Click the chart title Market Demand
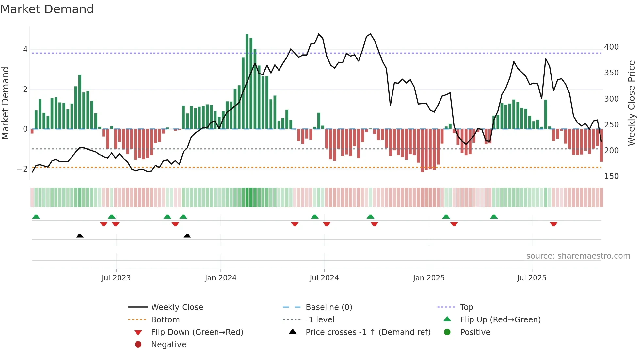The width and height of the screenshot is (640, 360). (x=47, y=9)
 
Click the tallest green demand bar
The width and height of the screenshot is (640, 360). (x=247, y=82)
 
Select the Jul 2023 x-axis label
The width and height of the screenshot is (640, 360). (x=116, y=278)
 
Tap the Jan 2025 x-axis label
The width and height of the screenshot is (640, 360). (x=429, y=278)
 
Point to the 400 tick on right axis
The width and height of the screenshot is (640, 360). (x=611, y=47)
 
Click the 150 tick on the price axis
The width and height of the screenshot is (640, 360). (x=611, y=176)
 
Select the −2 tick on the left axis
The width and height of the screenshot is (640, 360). (x=22, y=169)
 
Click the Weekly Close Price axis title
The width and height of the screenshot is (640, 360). (x=632, y=103)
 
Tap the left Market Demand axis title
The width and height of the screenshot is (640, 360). (x=6, y=103)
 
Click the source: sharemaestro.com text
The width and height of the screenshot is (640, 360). (x=578, y=256)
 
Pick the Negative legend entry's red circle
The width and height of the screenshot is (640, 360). (x=138, y=345)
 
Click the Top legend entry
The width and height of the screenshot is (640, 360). (x=467, y=307)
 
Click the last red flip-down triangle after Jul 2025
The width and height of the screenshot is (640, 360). (x=553, y=224)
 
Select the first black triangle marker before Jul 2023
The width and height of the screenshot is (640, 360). (x=80, y=236)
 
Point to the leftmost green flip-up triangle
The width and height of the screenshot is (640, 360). (x=36, y=217)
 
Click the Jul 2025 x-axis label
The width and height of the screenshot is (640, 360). (x=532, y=278)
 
